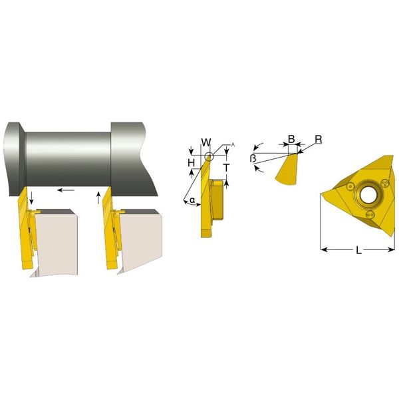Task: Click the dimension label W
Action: click(206, 142)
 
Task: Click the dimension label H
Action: click(192, 163)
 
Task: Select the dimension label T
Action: click(226, 168)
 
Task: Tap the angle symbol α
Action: click(193, 200)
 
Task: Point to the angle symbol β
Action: click(253, 158)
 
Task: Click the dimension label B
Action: click(291, 139)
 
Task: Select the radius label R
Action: click(319, 140)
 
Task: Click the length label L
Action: click(358, 251)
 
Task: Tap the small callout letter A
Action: click(233, 145)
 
